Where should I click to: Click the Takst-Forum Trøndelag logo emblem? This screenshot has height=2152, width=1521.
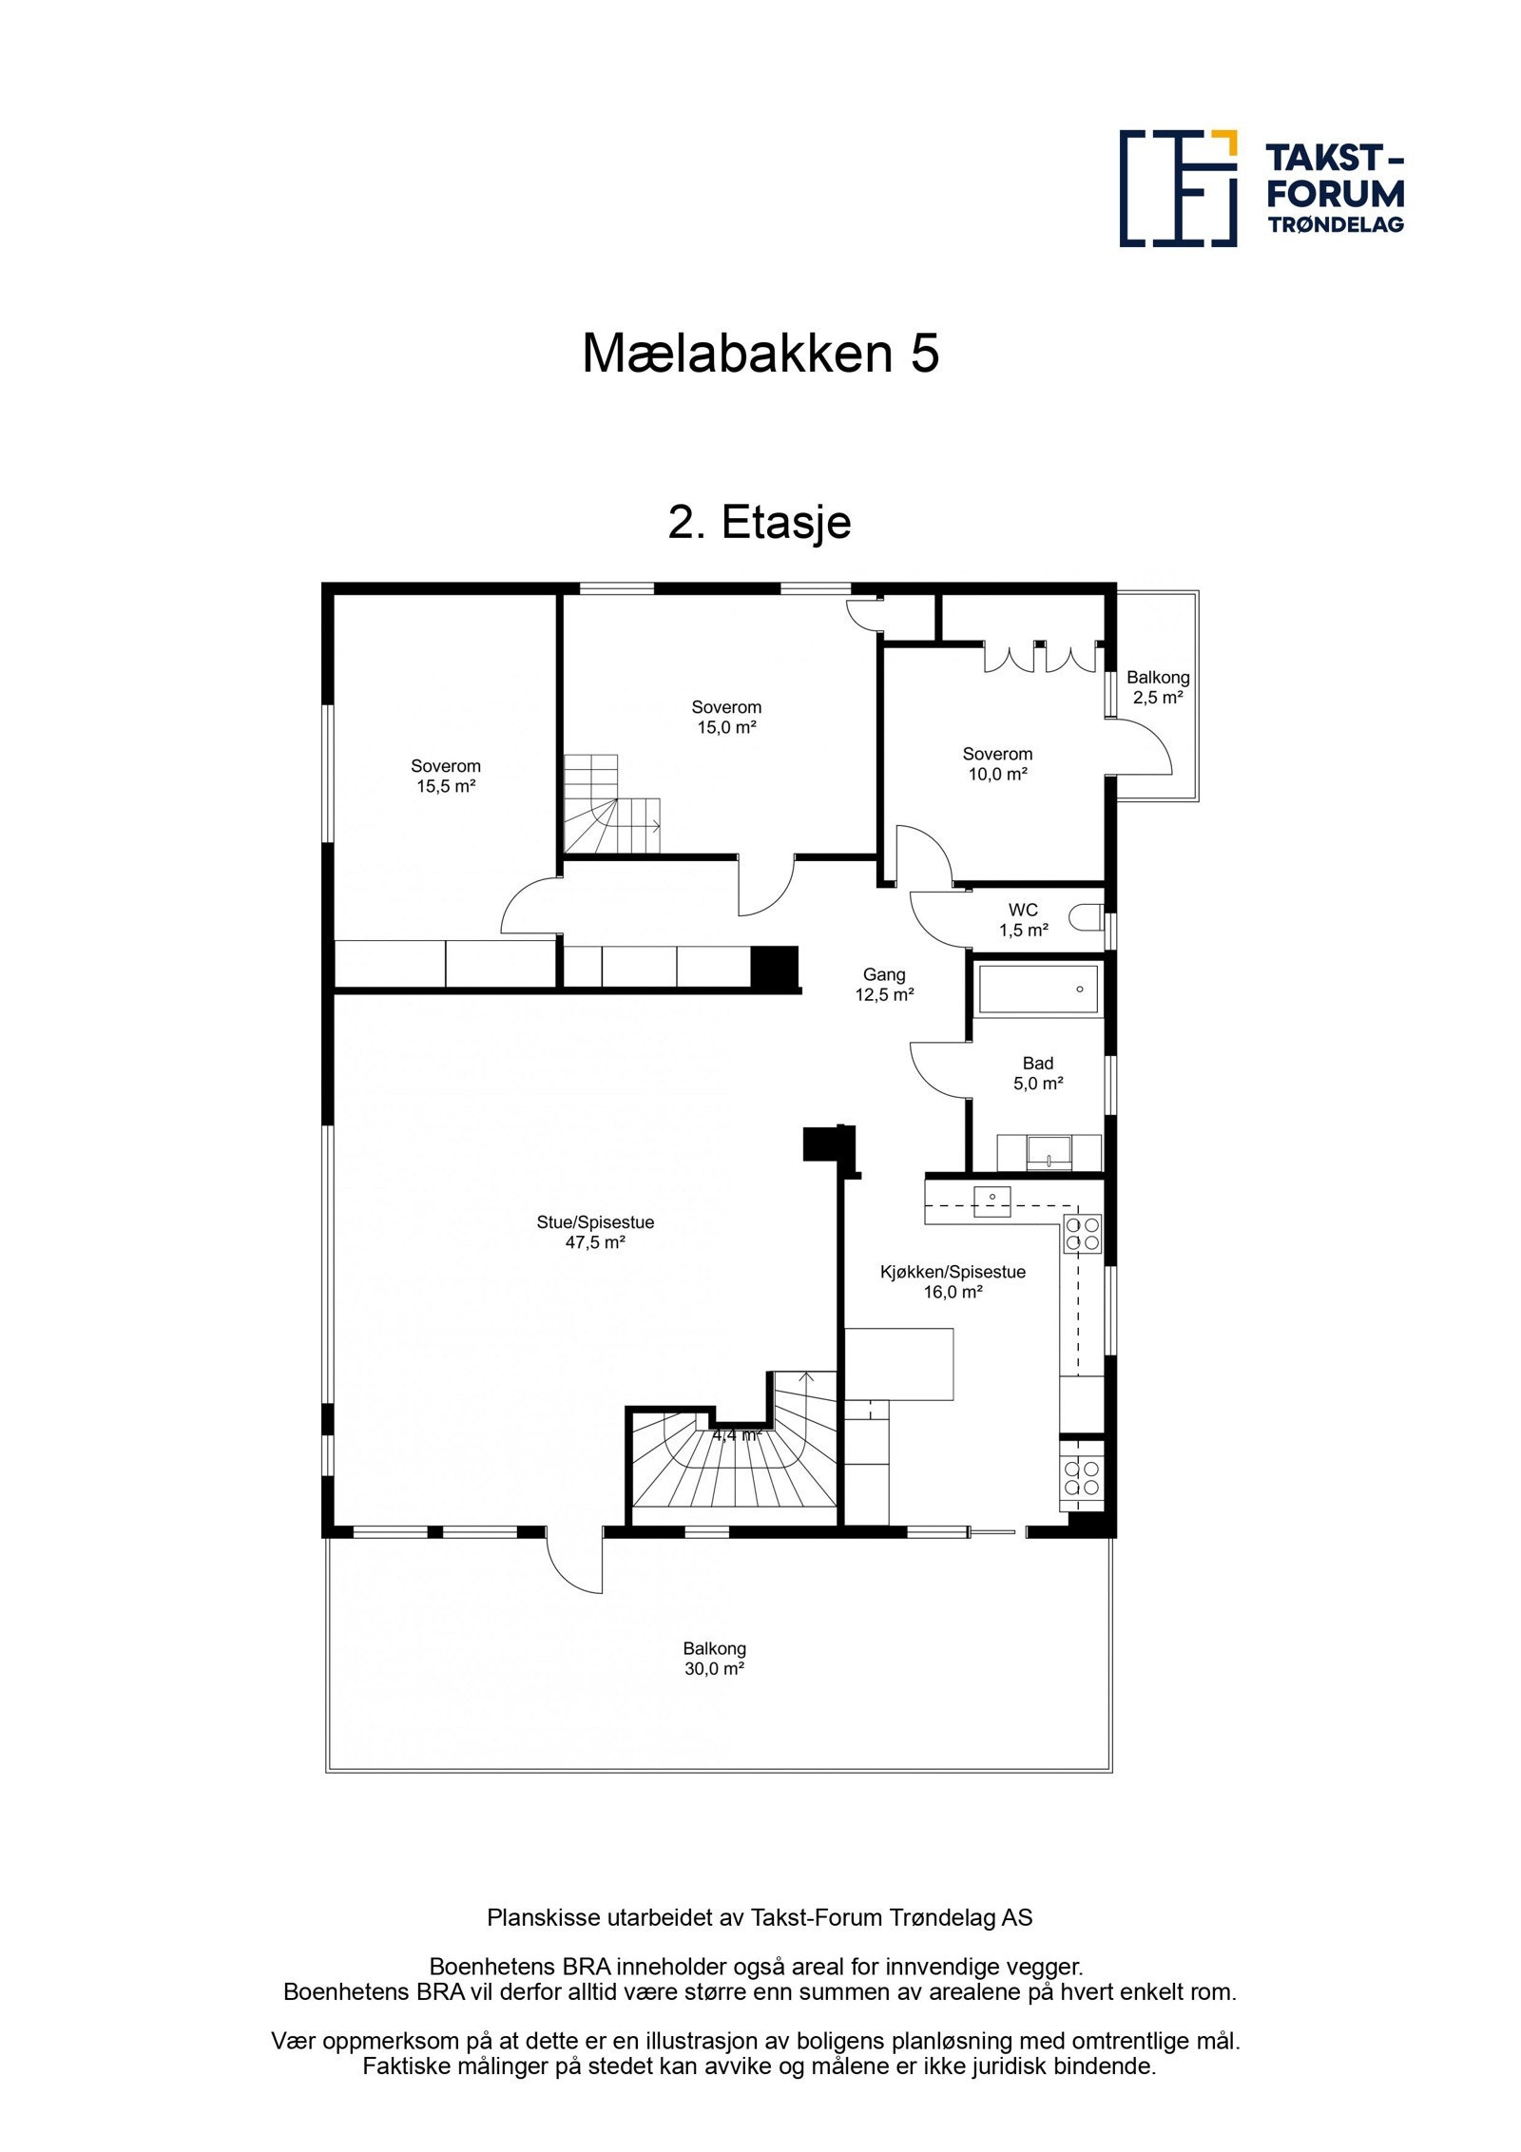click(1178, 188)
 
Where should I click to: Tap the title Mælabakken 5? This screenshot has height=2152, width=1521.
click(760, 354)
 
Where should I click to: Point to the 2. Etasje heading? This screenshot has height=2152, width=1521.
click(760, 522)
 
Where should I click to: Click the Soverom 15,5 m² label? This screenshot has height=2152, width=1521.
click(446, 776)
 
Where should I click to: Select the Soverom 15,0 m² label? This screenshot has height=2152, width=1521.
click(726, 717)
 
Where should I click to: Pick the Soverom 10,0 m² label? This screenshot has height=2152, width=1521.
click(997, 763)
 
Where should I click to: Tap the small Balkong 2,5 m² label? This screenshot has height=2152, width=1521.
click(1158, 687)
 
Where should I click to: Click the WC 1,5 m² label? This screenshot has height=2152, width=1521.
click(1023, 920)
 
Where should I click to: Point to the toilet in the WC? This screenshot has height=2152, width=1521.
click(1085, 918)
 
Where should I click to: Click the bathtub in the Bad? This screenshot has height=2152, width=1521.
click(1037, 990)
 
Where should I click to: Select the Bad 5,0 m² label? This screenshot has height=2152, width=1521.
click(1037, 1073)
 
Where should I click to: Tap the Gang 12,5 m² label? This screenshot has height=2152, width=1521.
click(884, 985)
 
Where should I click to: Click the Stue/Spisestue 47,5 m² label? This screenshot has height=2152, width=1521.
click(595, 1233)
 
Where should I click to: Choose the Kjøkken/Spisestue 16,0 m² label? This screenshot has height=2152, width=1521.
click(953, 1281)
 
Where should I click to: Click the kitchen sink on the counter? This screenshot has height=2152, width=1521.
click(992, 1201)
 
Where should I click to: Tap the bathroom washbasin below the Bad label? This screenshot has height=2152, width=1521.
click(1049, 1152)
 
